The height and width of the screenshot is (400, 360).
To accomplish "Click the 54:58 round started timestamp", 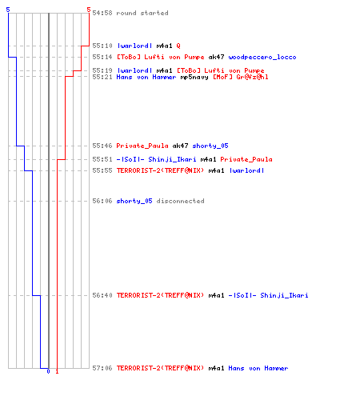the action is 102,13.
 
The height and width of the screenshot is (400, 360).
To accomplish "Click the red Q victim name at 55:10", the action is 178,46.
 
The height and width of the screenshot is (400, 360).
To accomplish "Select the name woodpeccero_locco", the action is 262,57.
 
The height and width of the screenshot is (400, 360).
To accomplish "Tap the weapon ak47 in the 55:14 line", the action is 216,57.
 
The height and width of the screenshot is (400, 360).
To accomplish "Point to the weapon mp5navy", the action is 194,77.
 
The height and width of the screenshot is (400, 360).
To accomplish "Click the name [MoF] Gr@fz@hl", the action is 240,77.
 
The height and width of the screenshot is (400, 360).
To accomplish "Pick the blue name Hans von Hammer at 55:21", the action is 146,77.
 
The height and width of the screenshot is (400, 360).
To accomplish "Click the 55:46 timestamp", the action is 102,146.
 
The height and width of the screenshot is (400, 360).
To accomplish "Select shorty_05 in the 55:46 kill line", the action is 210,146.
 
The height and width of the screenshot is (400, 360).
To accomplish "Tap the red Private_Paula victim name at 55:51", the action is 246,159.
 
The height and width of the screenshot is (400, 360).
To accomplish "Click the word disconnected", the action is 180,201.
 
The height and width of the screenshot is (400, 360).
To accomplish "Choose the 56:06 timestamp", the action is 102,201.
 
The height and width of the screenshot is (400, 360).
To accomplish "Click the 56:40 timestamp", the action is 102,295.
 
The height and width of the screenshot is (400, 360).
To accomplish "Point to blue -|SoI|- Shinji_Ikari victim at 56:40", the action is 268,295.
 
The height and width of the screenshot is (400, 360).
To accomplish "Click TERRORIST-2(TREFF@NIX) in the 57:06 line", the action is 160,368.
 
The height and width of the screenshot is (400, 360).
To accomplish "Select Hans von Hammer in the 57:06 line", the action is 258,368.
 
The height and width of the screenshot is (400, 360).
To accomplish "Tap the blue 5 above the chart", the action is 8,10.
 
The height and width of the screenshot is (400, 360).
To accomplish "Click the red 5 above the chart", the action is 89,10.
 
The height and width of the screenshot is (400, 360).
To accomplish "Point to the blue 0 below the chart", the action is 48,371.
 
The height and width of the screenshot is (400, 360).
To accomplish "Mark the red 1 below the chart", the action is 57,371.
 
